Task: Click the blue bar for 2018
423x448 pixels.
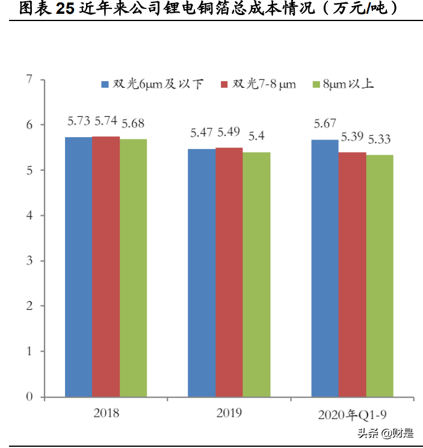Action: pyautogui.click(x=78, y=267)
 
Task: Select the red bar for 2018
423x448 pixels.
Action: pyautogui.click(x=106, y=267)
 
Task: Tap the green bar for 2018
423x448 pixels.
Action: pyautogui.click(x=133, y=268)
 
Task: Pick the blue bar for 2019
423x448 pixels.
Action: pyautogui.click(x=202, y=273)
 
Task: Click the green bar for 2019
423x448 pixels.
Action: pyautogui.click(x=256, y=275)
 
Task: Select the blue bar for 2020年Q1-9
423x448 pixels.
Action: pyautogui.click(x=325, y=268)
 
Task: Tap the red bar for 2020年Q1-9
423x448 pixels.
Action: pyautogui.click(x=352, y=275)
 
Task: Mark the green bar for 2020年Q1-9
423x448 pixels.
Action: pyautogui.click(x=380, y=276)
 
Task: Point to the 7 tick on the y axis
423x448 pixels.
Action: pyautogui.click(x=28, y=79)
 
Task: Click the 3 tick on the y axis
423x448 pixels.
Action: pyautogui.click(x=28, y=261)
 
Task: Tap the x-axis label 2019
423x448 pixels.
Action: pyautogui.click(x=229, y=413)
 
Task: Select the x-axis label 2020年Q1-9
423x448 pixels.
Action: pyautogui.click(x=353, y=414)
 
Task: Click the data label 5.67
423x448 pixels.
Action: pyautogui.click(x=325, y=124)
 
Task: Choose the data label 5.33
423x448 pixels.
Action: pyautogui.click(x=380, y=140)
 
